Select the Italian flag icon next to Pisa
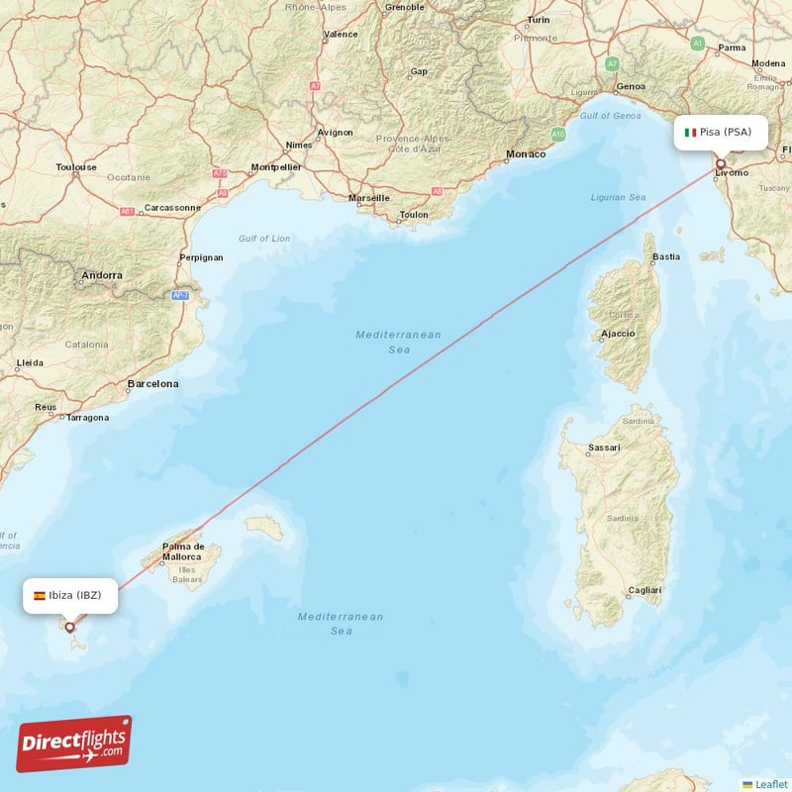pos(691,132)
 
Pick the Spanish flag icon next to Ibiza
pos(40,596)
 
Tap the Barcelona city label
pos(153,383)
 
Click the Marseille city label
pos(368,198)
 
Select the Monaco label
pos(525,154)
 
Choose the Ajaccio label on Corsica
pos(618,334)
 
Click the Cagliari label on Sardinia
pos(643,590)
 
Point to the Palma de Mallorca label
pos(183,551)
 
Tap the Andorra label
pos(103,275)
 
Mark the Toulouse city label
pos(76,167)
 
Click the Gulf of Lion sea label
pos(264,239)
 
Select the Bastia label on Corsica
pos(666,257)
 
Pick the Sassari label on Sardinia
pos(604,448)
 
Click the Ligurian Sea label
pos(618,197)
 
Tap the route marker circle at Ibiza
pos(69,627)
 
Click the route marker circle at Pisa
pos(721,164)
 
